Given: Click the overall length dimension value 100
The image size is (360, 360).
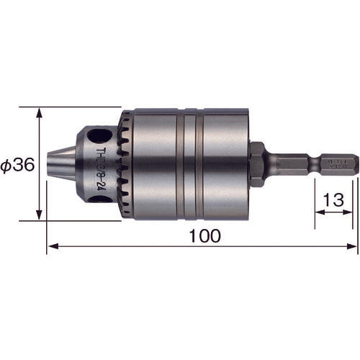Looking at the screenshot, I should (x=205, y=235).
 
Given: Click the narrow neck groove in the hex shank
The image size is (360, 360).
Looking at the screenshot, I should (x=315, y=163).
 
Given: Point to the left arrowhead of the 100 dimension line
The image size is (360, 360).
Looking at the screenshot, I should (x=50, y=247).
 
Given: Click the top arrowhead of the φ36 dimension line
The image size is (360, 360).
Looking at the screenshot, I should (x=39, y=111).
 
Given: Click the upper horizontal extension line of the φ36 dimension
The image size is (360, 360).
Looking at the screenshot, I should (x=72, y=107).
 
